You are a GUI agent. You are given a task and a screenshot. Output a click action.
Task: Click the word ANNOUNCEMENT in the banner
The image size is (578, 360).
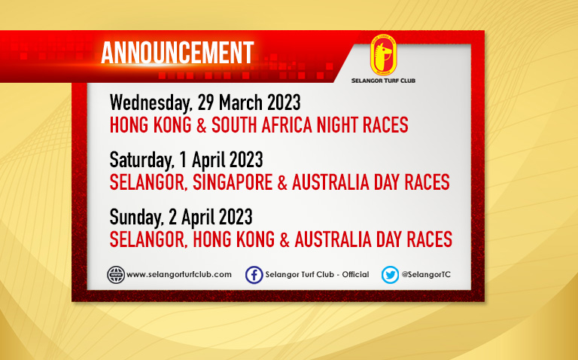point(178,53)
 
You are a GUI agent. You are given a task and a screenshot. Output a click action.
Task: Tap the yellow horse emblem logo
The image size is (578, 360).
point(383,55)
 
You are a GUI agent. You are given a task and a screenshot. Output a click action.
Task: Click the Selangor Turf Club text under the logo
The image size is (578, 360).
point(383,81)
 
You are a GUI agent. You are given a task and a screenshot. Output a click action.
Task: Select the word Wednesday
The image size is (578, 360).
point(151,103)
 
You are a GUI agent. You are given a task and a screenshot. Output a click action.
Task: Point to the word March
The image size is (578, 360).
point(242,102)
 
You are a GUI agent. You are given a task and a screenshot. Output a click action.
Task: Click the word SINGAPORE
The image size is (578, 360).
point(233,182)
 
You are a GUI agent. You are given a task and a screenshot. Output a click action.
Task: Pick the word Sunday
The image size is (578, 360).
point(136,218)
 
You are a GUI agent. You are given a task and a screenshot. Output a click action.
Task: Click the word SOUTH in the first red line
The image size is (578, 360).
point(235,125)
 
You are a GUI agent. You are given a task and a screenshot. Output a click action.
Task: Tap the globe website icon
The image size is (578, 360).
point(116,275)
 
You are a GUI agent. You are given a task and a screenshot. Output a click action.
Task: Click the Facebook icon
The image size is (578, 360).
point(254,275)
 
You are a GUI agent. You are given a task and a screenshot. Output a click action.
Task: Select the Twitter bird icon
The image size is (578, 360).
point(390,275)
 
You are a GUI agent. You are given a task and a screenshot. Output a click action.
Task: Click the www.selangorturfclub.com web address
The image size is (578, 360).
point(179,274)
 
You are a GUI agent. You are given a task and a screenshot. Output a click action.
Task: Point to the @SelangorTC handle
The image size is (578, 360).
point(426,274)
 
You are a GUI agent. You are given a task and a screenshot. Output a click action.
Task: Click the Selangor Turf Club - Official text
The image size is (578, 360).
point(317,274)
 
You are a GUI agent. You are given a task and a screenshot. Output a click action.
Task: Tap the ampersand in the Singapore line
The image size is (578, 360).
point(282,182)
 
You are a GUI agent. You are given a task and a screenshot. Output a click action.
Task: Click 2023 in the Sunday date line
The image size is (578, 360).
point(236,217)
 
